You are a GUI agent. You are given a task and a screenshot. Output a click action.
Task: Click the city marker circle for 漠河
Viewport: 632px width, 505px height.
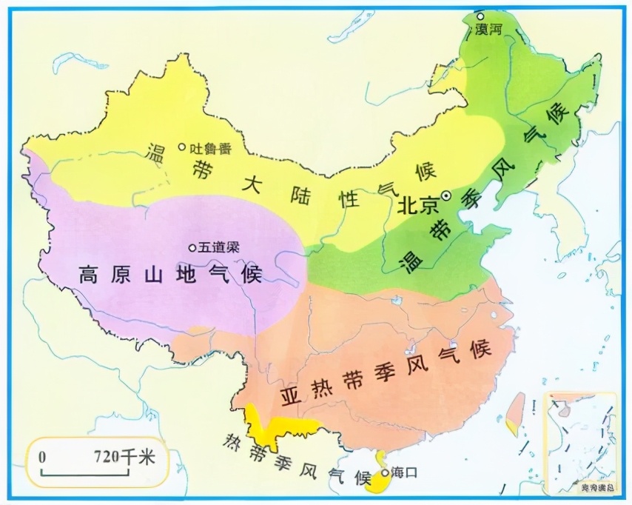pos(480,16)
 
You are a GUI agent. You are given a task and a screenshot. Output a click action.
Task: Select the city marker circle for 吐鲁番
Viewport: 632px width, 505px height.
pos(181,147)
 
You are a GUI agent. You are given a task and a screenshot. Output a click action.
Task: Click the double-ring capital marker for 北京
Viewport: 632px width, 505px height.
pos(446,195)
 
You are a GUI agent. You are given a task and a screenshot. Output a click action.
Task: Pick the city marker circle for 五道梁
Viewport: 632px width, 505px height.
pos(192,247)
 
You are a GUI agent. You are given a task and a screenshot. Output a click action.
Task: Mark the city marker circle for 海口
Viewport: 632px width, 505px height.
pos(385,471)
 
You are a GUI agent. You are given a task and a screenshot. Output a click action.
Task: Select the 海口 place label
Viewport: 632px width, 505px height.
pos(405,472)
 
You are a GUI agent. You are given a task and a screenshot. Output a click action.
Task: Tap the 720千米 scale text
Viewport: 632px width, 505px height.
pos(125,457)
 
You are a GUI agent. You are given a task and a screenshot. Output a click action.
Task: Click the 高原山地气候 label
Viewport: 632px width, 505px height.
pos(171,275)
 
